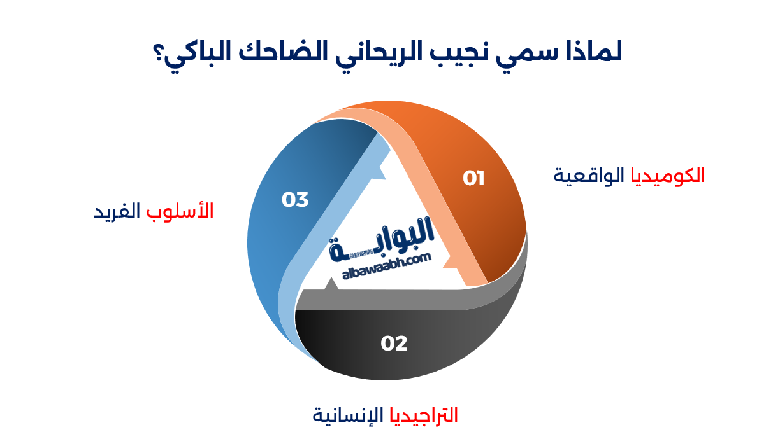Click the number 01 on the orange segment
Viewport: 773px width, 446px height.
coord(473,178)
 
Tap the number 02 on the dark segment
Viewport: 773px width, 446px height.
coord(394,344)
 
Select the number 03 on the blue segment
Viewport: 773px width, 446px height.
coord(295,200)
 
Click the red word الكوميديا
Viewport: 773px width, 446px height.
coord(668,175)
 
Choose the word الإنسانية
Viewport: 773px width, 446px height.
coord(347,415)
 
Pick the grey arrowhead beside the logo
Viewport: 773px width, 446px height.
coord(331,284)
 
